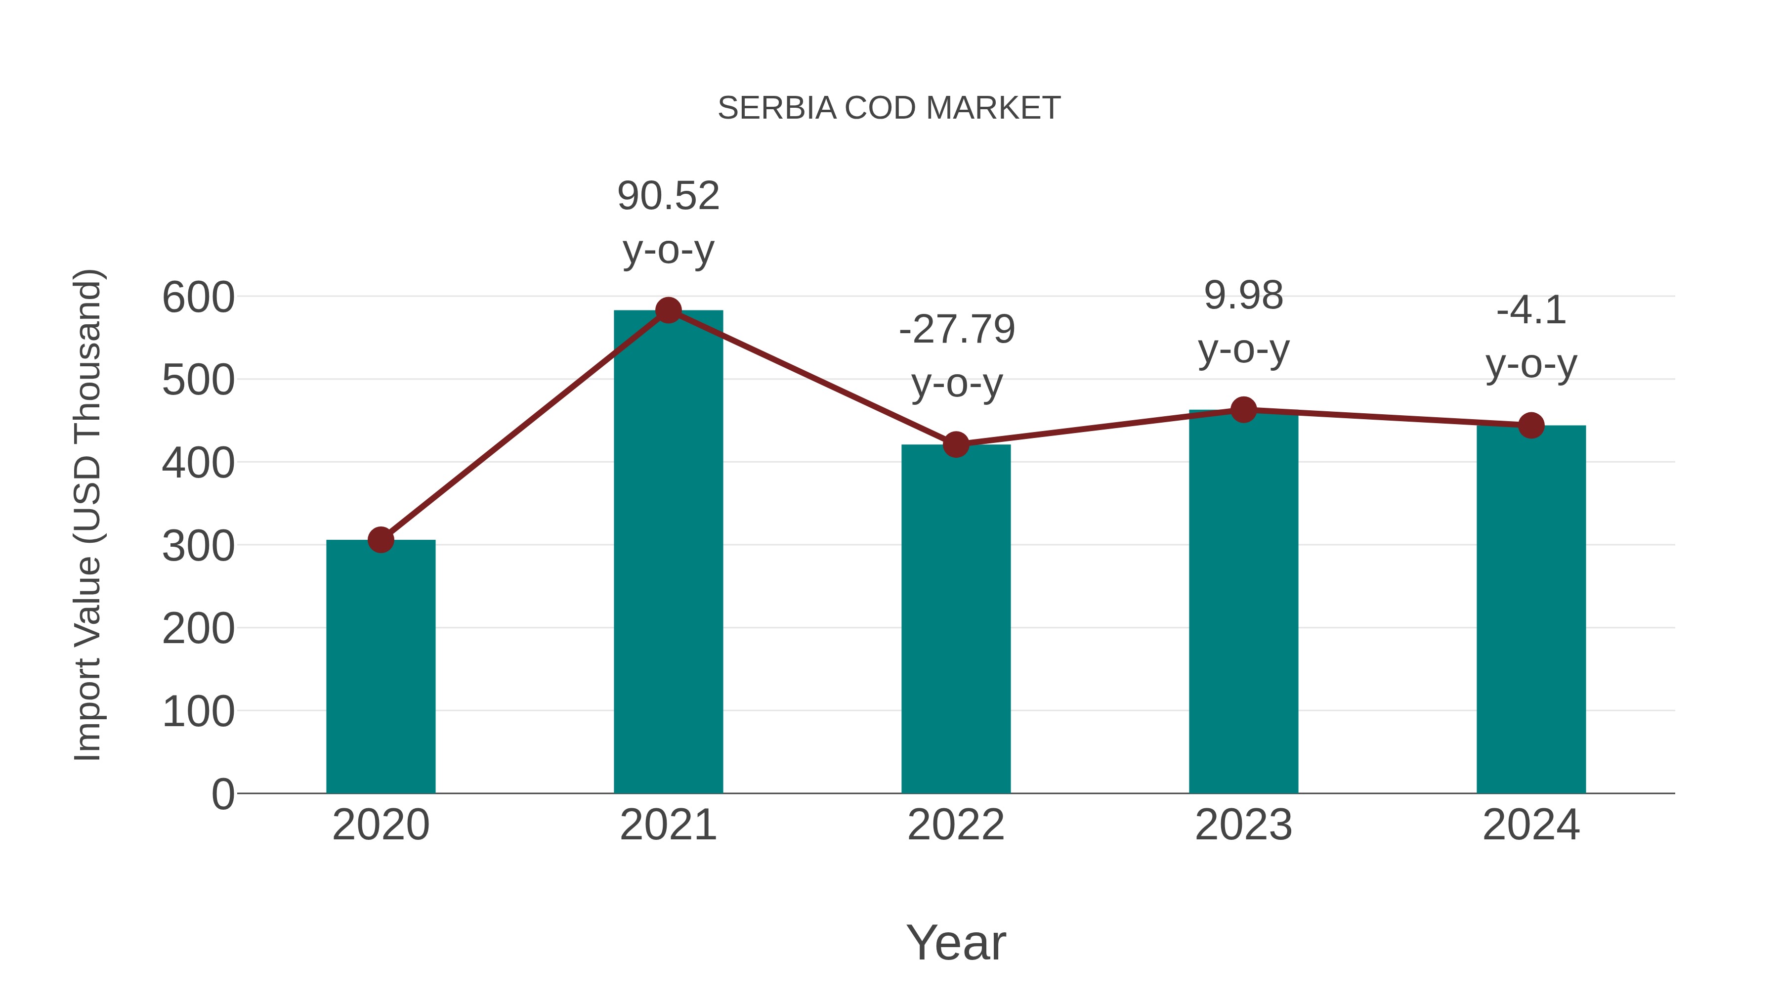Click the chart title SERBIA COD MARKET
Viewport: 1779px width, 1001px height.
[889, 108]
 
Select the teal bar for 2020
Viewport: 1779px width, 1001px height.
[381, 667]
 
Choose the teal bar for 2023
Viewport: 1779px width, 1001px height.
[1243, 601]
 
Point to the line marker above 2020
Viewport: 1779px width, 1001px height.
[381, 539]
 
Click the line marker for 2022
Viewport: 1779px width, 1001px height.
[956, 444]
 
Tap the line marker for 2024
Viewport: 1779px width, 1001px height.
[1531, 426]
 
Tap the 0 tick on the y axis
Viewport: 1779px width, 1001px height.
[222, 794]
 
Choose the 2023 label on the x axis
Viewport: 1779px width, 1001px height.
[1243, 825]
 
